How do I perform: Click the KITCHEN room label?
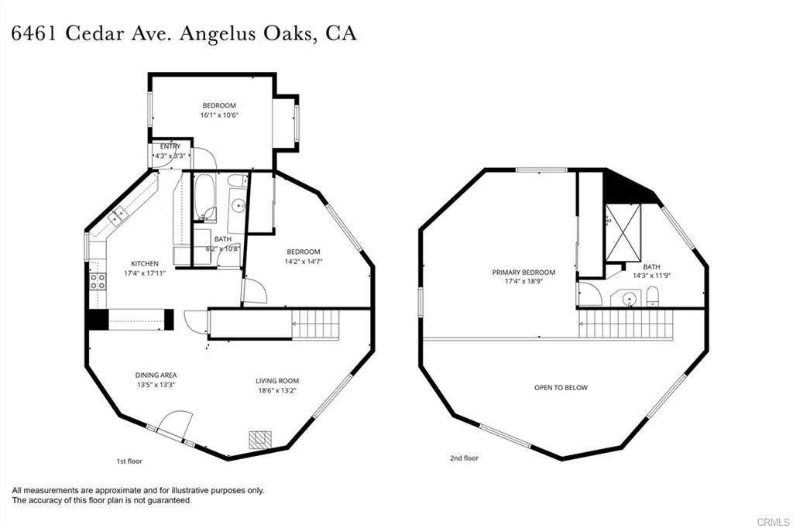(x=145, y=263)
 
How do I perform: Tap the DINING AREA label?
(x=156, y=375)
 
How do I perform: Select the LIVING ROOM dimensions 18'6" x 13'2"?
(x=277, y=390)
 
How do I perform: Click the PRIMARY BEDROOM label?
(x=524, y=273)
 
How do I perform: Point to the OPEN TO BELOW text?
(x=561, y=387)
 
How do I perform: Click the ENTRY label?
(x=170, y=146)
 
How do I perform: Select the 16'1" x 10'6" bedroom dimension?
(x=219, y=115)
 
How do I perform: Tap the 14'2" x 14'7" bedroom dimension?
(x=304, y=261)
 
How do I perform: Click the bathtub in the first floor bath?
(x=205, y=197)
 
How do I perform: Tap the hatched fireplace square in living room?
(x=261, y=439)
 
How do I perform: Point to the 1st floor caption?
(x=129, y=461)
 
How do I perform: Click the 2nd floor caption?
(x=464, y=458)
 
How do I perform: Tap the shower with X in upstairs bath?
(x=623, y=232)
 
